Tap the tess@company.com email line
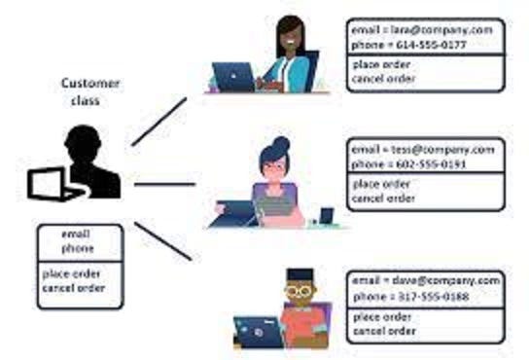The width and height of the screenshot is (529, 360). [424, 151]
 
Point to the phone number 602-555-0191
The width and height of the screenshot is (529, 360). [424, 164]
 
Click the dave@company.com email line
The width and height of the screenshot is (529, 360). [425, 280]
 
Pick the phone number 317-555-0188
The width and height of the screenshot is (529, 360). [425, 295]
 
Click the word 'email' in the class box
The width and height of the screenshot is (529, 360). [77, 234]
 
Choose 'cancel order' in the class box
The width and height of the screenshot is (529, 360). [74, 289]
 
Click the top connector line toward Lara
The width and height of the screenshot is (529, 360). [159, 121]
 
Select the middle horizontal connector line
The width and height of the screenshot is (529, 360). [165, 182]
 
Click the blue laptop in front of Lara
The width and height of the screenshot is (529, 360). [233, 76]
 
